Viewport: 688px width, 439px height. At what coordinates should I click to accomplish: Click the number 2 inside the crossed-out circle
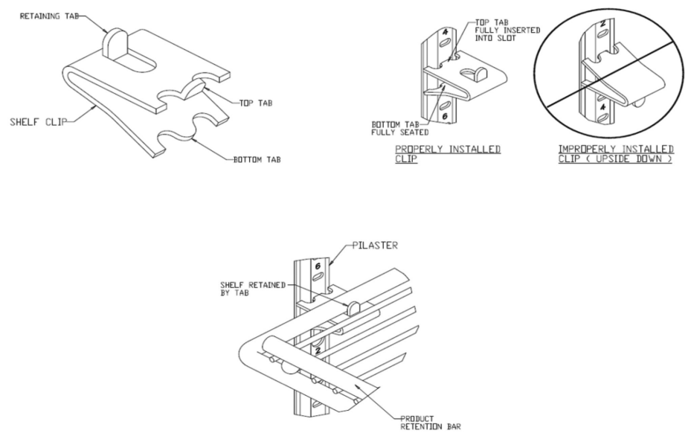pyautogui.click(x=603, y=23)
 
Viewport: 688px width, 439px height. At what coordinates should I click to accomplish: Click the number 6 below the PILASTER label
pyautogui.click(x=315, y=265)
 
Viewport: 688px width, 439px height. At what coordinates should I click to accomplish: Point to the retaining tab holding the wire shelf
pyautogui.click(x=354, y=306)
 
